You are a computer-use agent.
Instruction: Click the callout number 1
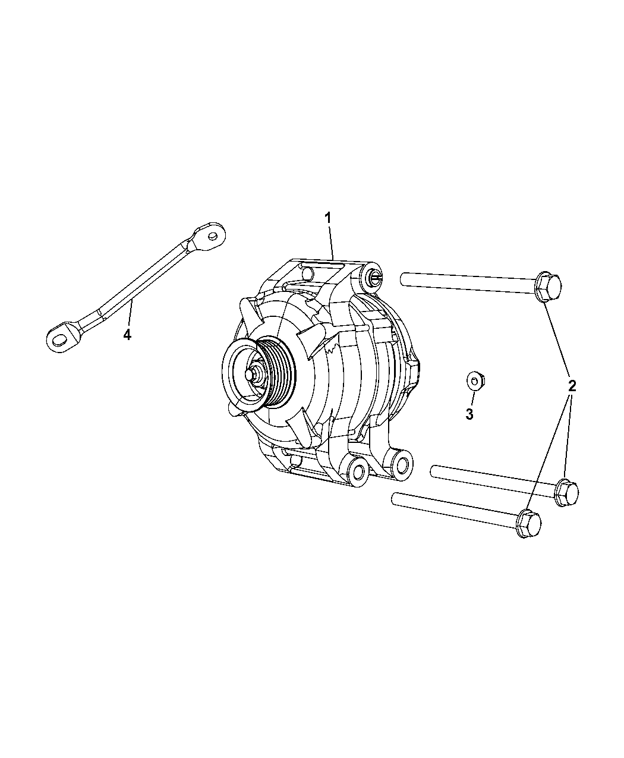coord(327,218)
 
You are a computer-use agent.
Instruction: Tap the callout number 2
coord(572,386)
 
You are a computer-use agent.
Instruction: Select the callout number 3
coord(469,414)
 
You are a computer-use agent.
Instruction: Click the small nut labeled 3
coord(475,380)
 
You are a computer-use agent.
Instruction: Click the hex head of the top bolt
coord(549,287)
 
